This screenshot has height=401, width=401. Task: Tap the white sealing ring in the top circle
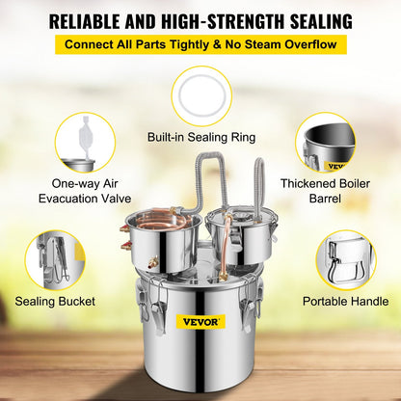click(x=200, y=94)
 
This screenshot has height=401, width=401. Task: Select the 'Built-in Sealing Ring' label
click(x=200, y=138)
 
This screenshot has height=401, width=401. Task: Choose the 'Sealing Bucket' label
click(x=55, y=302)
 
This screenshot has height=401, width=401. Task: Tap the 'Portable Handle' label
click(x=344, y=302)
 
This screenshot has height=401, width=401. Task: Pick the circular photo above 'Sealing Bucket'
click(x=55, y=258)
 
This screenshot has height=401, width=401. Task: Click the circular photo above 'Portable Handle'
click(x=344, y=258)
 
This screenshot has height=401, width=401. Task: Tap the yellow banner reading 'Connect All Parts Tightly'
click(x=200, y=45)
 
